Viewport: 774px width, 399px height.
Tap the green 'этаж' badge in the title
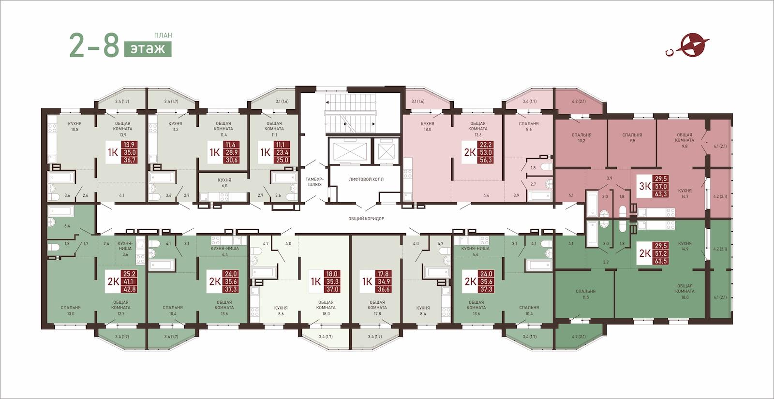coord(148,49)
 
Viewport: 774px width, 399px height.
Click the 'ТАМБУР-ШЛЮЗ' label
coord(314,182)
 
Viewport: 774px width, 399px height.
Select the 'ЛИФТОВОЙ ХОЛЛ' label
coord(366,179)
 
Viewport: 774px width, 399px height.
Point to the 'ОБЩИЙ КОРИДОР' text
coord(366,219)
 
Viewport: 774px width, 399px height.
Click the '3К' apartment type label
coord(644,186)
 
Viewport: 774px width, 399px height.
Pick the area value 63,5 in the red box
coord(661,261)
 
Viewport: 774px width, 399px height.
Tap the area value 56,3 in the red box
coord(486,160)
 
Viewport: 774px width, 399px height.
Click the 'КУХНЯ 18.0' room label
coord(428,126)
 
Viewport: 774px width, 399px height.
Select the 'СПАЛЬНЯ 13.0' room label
coord(71,310)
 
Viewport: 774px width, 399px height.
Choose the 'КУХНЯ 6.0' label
coord(224,183)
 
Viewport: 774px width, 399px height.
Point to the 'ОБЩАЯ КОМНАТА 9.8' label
coord(684,140)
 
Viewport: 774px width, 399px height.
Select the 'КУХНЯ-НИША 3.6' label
coord(125,249)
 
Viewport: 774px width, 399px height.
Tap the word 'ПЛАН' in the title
coord(163,35)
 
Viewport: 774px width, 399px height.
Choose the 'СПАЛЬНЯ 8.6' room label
coord(529,126)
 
